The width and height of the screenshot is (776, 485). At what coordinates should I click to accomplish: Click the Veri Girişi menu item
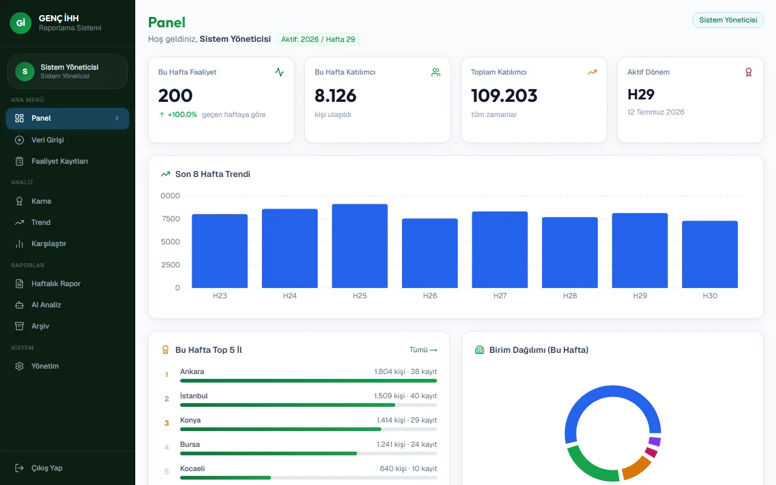(x=47, y=140)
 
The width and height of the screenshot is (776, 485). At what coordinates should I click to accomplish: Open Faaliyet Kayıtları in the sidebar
(x=59, y=161)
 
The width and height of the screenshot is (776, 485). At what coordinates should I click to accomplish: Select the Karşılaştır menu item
(x=48, y=244)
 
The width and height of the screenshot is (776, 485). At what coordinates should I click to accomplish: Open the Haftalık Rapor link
(x=56, y=283)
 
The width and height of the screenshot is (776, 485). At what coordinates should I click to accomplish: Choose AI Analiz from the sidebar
(x=46, y=305)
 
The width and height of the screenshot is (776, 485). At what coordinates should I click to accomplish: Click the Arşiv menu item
(x=40, y=326)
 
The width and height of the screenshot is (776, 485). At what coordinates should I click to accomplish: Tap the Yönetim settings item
(x=45, y=366)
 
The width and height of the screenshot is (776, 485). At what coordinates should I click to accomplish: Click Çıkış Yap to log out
(x=47, y=468)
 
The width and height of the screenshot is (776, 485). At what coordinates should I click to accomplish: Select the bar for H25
(x=360, y=246)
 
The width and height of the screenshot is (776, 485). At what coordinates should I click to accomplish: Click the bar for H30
(x=710, y=254)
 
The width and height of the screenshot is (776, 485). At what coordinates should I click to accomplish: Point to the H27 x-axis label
(x=500, y=295)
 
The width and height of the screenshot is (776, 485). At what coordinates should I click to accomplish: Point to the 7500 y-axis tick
(x=171, y=219)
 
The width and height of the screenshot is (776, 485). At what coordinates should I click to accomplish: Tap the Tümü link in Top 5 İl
(x=423, y=350)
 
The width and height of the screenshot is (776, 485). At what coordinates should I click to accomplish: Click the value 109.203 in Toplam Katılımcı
(x=504, y=95)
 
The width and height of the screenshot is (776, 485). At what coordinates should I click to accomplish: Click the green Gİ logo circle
(x=21, y=23)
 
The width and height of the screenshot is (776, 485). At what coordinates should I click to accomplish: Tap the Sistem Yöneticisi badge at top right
(x=728, y=20)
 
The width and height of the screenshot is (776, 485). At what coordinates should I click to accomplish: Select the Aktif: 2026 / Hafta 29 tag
(x=318, y=39)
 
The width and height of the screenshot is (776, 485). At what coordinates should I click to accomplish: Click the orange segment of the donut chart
(x=637, y=467)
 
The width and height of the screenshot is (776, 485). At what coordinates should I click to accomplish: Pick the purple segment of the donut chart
(x=655, y=441)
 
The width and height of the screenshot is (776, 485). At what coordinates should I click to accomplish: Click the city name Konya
(x=190, y=420)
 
